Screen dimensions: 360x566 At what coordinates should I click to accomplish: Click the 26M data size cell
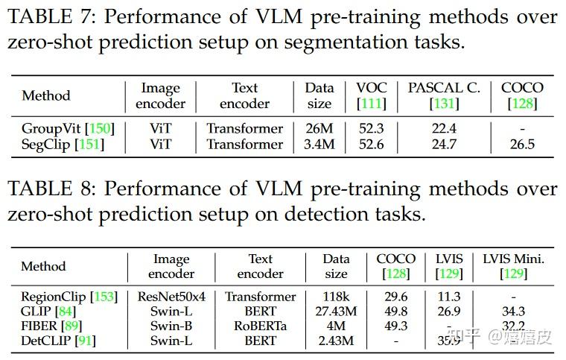(319, 129)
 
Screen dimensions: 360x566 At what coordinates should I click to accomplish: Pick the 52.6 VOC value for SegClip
(371, 144)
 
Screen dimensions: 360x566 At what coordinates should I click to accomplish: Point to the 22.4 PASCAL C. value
(444, 129)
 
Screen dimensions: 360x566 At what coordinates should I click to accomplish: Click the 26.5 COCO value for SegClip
(522, 144)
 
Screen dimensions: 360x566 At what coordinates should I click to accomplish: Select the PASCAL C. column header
(444, 87)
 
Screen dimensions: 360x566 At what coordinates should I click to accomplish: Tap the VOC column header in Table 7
(371, 87)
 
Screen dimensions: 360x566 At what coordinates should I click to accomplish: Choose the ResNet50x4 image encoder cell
(171, 297)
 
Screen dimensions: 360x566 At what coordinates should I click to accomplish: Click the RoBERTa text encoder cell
(261, 326)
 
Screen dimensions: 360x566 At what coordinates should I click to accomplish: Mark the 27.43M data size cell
(336, 312)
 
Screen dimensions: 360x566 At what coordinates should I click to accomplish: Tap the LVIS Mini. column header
(514, 259)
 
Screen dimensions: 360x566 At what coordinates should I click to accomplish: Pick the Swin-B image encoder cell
(171, 326)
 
